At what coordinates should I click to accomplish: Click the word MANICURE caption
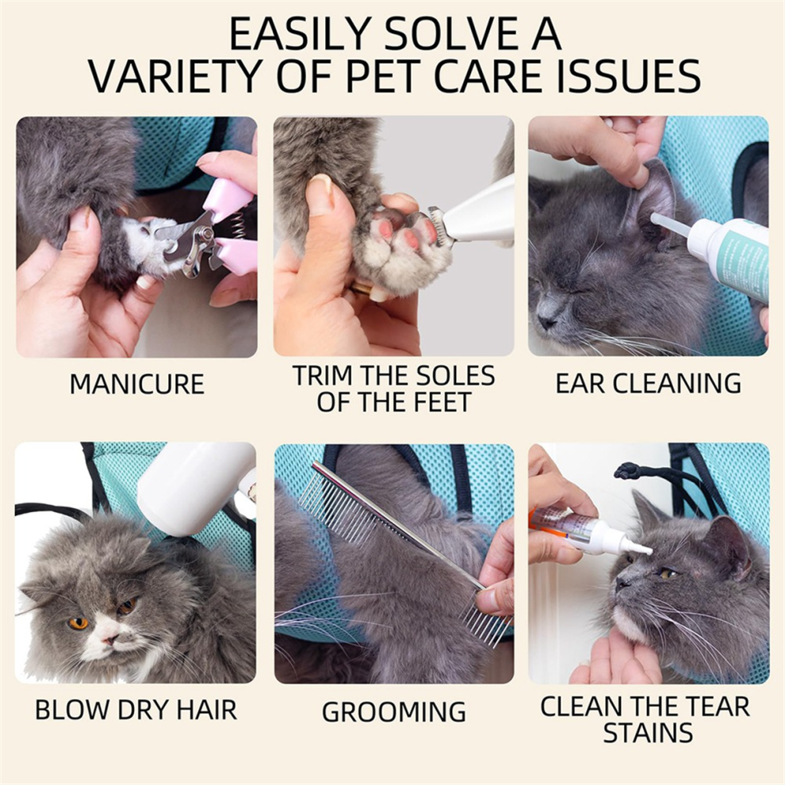click(x=136, y=384)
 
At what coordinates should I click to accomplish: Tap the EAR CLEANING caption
click(x=649, y=383)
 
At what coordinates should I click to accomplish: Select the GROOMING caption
click(x=394, y=711)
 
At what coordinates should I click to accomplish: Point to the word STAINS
click(x=648, y=733)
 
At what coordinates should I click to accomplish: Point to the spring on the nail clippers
click(x=235, y=222)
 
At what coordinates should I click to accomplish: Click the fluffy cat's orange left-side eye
click(x=78, y=623)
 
